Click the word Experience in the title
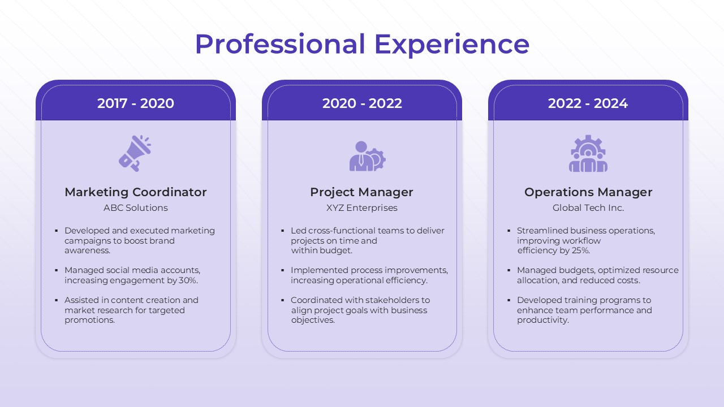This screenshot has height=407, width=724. point(452,45)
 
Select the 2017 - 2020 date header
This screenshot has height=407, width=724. point(136,103)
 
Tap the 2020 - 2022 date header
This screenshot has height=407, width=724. point(362,103)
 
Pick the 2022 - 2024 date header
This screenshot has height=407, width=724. point(588,103)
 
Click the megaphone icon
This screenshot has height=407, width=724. point(135,153)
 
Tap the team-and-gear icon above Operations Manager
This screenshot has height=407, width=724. point(588,154)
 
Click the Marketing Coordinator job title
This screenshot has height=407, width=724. point(136,192)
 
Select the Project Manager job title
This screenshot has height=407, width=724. point(362,192)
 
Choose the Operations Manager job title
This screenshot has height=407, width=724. point(588,192)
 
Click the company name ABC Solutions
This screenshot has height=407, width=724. point(136,208)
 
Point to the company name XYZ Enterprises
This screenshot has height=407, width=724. point(362,208)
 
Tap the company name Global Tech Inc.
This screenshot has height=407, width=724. point(588,208)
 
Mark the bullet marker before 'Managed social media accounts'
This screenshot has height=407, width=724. point(57,271)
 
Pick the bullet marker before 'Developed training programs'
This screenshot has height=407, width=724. point(509,301)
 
